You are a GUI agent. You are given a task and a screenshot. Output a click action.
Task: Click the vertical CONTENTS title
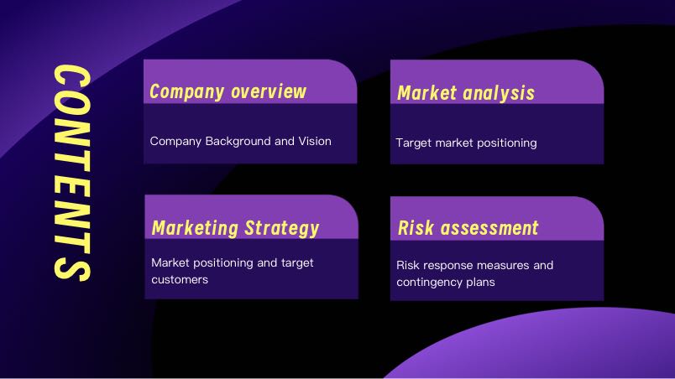click(x=72, y=174)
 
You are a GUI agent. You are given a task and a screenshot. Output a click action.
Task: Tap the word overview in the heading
click(x=268, y=91)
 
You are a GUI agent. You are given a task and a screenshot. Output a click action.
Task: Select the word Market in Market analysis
click(x=426, y=93)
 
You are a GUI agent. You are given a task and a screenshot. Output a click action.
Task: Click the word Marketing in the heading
click(x=195, y=228)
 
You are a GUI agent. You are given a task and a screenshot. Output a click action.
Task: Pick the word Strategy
click(x=281, y=229)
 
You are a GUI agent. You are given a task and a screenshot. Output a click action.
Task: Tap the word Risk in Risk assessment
click(x=416, y=228)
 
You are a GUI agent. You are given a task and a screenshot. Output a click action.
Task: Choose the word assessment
click(x=489, y=228)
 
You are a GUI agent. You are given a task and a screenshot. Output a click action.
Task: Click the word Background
click(x=238, y=142)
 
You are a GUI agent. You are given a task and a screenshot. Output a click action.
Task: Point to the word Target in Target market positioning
click(x=414, y=143)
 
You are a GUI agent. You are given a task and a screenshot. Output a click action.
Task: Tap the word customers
click(x=180, y=280)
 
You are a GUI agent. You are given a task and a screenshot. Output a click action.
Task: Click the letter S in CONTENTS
click(x=72, y=269)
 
